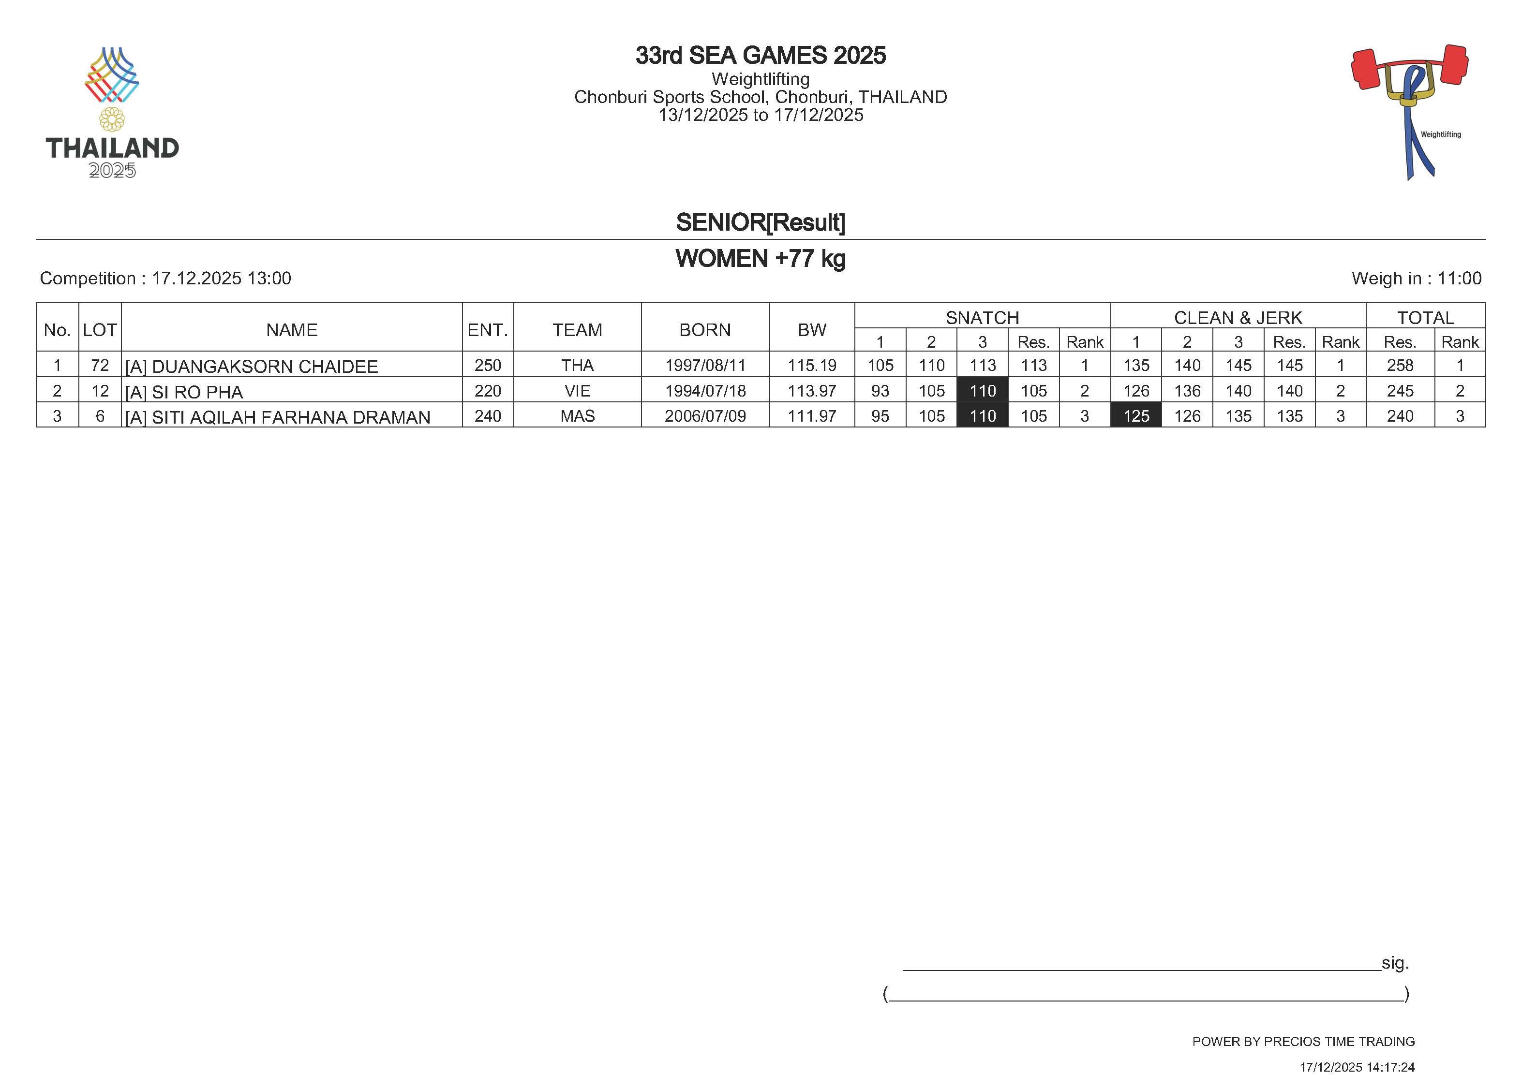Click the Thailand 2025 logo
[112, 113]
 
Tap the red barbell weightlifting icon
[1410, 100]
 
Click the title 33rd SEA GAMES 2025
[761, 56]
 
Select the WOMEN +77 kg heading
[761, 259]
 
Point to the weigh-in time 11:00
[1459, 279]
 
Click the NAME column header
[292, 330]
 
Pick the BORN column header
[705, 330]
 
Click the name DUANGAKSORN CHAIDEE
[265, 367]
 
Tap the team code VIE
[577, 391]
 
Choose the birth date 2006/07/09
[705, 416]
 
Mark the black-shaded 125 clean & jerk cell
[1135, 416]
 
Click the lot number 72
[100, 365]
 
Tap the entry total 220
[487, 391]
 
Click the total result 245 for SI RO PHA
[1400, 391]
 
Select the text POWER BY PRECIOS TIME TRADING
[1303, 1041]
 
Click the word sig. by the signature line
[1395, 963]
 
